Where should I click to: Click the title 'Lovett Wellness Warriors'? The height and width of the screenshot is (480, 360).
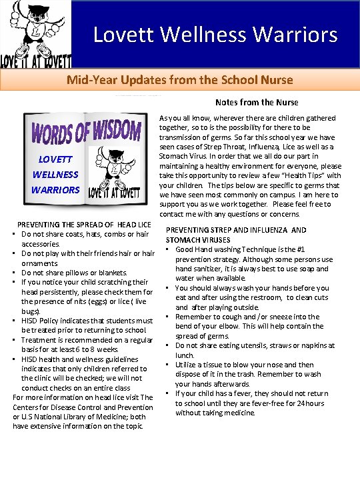coord(215,34)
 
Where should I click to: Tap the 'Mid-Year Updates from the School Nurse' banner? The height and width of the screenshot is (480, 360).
coord(179,80)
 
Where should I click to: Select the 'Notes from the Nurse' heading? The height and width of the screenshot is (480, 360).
coord(257,102)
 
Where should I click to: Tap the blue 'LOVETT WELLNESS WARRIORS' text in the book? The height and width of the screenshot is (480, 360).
coord(56,175)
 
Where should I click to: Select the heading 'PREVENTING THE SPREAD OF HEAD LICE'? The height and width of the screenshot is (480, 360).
coord(84,225)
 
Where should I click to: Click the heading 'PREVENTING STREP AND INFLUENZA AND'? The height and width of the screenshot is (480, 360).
coord(236,230)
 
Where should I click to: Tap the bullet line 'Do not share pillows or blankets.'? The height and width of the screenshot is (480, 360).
coord(74,273)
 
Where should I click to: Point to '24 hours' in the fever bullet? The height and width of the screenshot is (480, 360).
coord(309,403)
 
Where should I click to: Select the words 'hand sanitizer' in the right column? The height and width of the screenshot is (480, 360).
coord(203,269)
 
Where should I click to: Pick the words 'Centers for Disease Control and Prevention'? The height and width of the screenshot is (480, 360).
coord(83,407)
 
